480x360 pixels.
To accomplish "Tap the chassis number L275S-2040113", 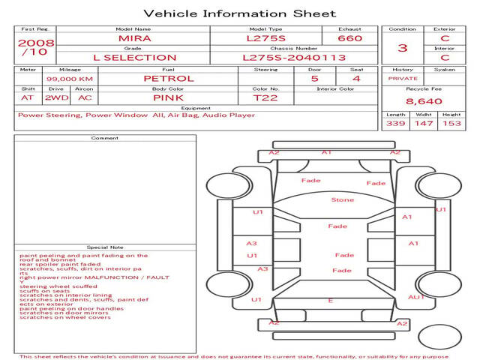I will [x=294, y=58].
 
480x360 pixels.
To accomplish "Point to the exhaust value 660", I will [x=349, y=38].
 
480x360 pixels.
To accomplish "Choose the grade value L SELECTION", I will [x=134, y=58].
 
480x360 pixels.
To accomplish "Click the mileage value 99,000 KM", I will [x=69, y=79].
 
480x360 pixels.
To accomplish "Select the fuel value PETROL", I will [x=168, y=78].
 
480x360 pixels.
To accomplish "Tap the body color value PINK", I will [x=168, y=97].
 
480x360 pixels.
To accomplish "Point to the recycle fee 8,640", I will [x=424, y=101].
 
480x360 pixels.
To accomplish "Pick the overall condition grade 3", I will [x=403, y=48].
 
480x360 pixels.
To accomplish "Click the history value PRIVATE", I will [x=403, y=78].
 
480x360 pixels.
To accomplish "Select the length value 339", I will [x=395, y=123].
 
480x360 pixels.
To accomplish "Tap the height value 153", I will [x=451, y=123].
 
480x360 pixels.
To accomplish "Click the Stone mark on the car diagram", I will [x=343, y=200].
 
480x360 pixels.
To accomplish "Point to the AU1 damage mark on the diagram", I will [x=415, y=297].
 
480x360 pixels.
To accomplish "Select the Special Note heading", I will [x=105, y=247].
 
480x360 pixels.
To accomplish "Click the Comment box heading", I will [x=105, y=138].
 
